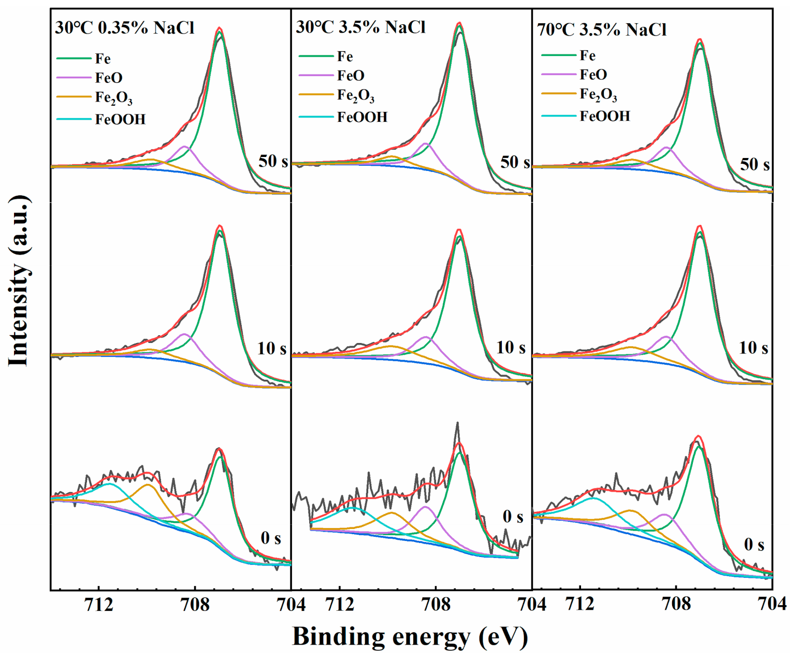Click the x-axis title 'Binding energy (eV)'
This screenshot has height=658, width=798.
coord(410,636)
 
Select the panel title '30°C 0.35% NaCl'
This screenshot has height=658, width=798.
coord(125,27)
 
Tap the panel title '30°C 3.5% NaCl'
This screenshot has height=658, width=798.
coord(360,26)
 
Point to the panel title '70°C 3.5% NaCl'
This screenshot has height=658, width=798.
coord(602,30)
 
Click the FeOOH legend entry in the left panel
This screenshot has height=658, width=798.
coord(120,120)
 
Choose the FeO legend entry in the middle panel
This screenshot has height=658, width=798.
coord(351,76)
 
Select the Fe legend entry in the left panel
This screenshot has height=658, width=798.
coord(103,59)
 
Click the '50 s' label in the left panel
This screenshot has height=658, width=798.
coord(273,161)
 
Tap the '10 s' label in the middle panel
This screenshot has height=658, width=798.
coord(511,348)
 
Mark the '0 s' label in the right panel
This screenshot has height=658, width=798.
coord(754,545)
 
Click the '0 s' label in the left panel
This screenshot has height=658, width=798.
coord(271,538)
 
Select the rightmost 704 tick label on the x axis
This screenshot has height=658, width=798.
coord(772,604)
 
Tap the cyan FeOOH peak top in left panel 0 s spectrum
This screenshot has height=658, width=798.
coord(109,484)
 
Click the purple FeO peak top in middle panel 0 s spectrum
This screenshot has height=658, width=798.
coord(425,506)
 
